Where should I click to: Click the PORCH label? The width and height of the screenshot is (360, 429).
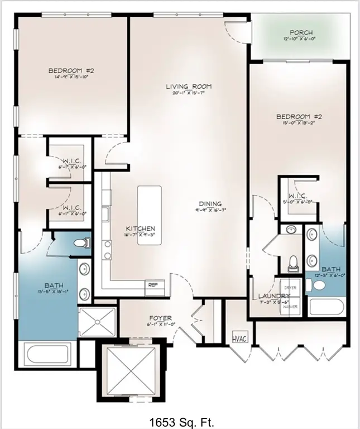pos(301,33)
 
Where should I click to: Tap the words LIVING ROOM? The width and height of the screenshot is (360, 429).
pos(188,87)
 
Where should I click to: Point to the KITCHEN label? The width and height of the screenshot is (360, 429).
pos(140,229)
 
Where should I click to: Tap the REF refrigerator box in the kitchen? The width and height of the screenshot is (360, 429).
pos(153,285)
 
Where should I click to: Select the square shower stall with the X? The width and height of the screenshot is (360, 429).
pos(97,323)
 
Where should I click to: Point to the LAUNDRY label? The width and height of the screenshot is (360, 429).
pos(273,296)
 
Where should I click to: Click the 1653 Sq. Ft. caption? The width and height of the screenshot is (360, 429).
pos(181,420)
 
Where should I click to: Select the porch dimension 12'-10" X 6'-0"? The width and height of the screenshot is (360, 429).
pos(301,40)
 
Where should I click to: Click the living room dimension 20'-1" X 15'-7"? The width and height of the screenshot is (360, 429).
pos(188,93)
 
